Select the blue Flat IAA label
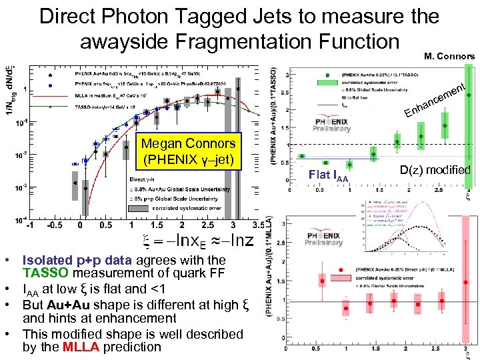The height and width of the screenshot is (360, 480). (x=328, y=177)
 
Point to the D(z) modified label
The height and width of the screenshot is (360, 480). (x=435, y=170)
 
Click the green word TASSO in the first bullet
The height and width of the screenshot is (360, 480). (x=47, y=273)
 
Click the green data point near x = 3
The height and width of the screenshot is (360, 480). (x=446, y=125)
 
